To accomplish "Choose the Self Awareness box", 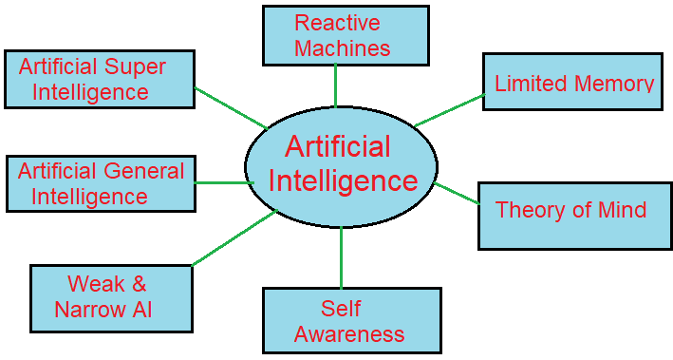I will coord(351,320).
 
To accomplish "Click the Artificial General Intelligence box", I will coord(101,183).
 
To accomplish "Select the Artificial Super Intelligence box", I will coord(100,80).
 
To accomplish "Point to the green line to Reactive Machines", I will coord(336,86).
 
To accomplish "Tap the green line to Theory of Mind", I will coord(457,193).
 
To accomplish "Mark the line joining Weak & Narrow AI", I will coord(234,238).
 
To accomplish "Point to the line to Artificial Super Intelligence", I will coord(230,106).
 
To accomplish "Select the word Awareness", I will coord(349,334).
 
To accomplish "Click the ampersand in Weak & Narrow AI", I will coord(139,284).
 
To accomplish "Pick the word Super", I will coord(136,67).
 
